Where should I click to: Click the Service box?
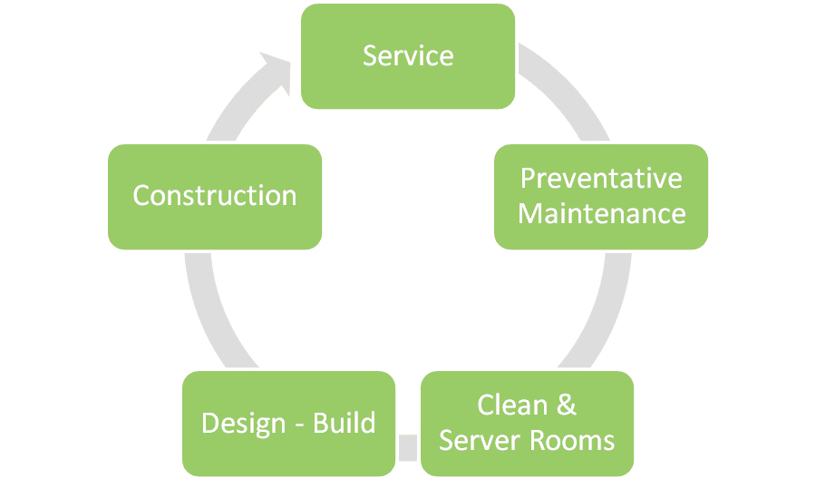(408, 56)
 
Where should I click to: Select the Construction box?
(215, 197)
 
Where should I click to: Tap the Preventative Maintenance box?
(601, 197)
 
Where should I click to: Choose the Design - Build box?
(289, 424)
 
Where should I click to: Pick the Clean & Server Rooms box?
(527, 424)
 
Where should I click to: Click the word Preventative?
(601, 179)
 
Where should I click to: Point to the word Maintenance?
(602, 213)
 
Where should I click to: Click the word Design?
(243, 424)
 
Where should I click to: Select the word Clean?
(512, 406)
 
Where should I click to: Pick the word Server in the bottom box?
(481, 441)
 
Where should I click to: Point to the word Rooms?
(572, 441)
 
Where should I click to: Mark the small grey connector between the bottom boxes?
(408, 448)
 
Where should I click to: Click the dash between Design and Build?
(299, 425)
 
